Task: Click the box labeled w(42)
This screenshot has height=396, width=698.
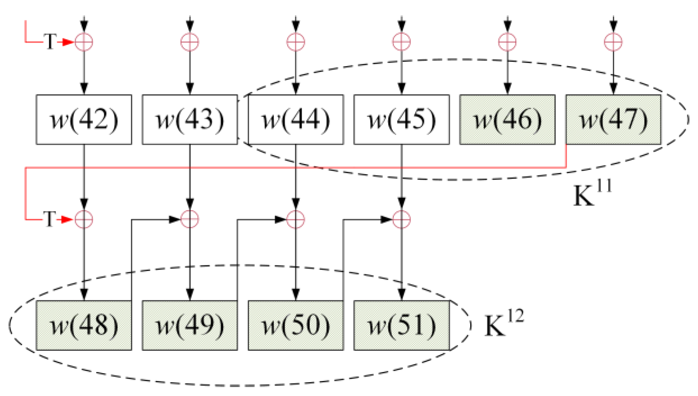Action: pyautogui.click(x=84, y=120)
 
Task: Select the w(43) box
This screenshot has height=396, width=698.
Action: pyautogui.click(x=190, y=120)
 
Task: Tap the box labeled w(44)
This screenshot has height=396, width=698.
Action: pyautogui.click(x=296, y=120)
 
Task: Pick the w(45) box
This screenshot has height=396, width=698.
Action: pyautogui.click(x=402, y=120)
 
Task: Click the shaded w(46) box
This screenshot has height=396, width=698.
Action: pyautogui.click(x=507, y=120)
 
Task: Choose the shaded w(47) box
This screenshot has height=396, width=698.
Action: pyautogui.click(x=613, y=120)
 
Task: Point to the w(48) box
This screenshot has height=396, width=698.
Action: pyautogui.click(x=84, y=325)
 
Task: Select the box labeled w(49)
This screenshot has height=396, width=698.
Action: pyautogui.click(x=190, y=325)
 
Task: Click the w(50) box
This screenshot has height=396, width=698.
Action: pyautogui.click(x=296, y=325)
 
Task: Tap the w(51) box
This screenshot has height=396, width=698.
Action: pyautogui.click(x=402, y=325)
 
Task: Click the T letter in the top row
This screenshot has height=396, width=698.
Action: pyautogui.click(x=50, y=42)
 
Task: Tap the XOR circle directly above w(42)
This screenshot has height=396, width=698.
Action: pyautogui.click(x=84, y=42)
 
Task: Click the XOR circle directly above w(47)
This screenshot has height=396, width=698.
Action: pyautogui.click(x=613, y=42)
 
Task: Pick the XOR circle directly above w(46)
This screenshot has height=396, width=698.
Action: pyautogui.click(x=507, y=42)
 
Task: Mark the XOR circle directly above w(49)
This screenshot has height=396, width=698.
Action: pyautogui.click(x=190, y=219)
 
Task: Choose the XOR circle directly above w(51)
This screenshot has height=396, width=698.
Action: pyautogui.click(x=402, y=219)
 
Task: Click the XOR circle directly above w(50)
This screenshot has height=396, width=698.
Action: pyautogui.click(x=296, y=219)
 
